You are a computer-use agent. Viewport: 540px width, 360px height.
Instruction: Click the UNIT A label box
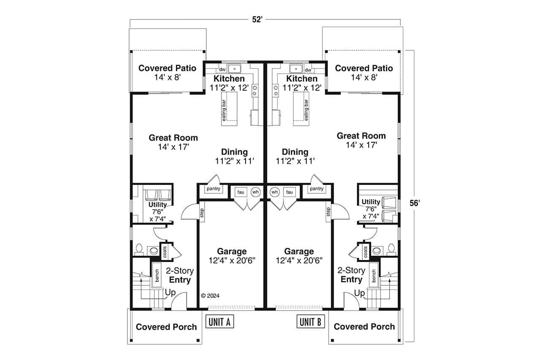coord(220,322)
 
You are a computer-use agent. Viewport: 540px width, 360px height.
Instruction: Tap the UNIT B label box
coord(311,322)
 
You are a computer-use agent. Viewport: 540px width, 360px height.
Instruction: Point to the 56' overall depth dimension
coord(415,203)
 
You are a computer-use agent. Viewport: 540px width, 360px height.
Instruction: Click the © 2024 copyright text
coord(211,296)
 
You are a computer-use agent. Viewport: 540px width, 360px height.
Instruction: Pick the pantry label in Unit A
coord(213,189)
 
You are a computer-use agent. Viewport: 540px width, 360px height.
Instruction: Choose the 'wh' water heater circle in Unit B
coord(275,192)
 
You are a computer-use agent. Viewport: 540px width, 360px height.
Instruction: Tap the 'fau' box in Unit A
coord(241,192)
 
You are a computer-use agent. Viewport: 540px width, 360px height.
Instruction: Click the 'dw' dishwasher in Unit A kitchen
coord(222,70)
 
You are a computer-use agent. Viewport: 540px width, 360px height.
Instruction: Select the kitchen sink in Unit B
coord(295,69)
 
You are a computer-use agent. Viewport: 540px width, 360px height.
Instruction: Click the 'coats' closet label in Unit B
coord(365,252)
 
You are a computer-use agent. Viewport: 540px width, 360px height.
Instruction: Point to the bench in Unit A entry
coord(157,276)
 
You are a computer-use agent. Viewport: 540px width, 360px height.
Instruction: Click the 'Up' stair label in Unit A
coord(170,292)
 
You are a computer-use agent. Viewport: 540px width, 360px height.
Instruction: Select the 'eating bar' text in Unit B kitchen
coord(307,110)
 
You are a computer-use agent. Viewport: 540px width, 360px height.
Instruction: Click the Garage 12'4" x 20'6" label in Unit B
coord(299,256)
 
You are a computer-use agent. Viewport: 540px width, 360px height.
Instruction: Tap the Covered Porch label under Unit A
coord(166,327)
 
